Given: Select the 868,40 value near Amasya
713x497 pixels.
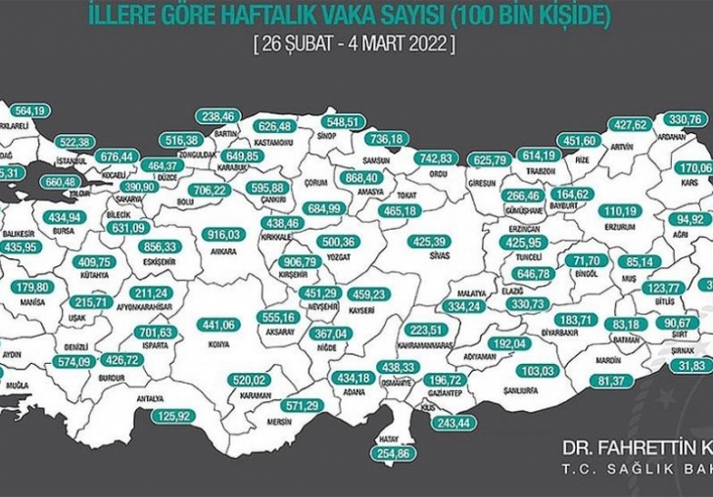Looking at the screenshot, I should point(361,177).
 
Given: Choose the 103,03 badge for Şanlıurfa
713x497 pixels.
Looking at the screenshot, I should point(539,370).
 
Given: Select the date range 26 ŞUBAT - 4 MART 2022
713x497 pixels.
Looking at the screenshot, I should point(354,45).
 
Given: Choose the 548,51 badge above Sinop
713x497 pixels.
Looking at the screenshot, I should point(344,121).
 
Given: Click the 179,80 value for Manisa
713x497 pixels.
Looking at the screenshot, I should point(33,288).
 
